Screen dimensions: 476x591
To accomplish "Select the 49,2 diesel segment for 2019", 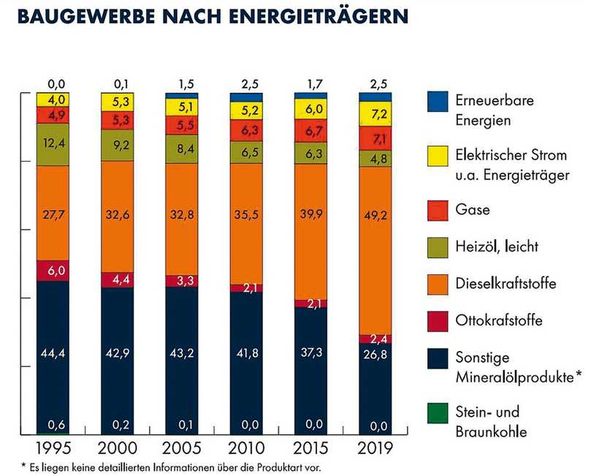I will (374, 250).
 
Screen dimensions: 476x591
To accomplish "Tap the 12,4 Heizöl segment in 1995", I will (53, 144).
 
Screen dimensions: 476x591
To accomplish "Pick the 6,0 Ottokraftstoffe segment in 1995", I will (53, 270).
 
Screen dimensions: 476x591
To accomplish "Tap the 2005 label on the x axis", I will (182, 446).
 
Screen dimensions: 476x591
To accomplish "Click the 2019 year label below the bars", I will (374, 446).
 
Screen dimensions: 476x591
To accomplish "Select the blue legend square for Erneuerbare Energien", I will (437, 102).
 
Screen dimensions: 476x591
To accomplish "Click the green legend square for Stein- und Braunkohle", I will (437, 413).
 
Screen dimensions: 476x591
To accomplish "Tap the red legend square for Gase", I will (437, 210).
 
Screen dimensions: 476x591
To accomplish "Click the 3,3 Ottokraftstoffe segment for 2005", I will (182, 281).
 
